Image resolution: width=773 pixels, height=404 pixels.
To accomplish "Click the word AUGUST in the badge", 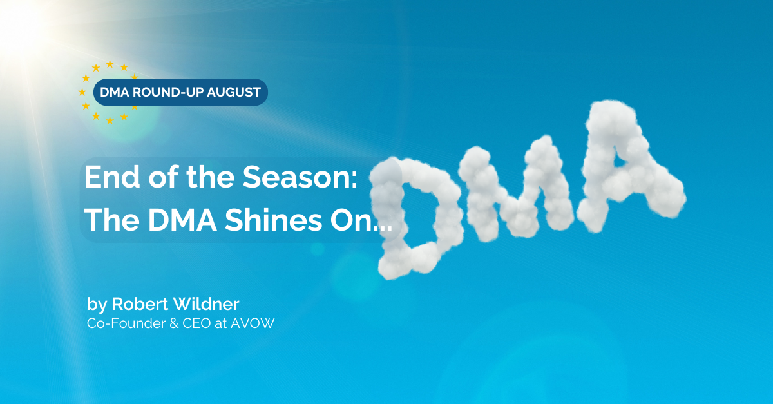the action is pyautogui.click(x=234, y=92).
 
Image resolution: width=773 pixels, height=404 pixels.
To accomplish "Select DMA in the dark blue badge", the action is pyautogui.click(x=114, y=92).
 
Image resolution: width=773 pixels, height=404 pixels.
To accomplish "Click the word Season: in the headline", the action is pyautogui.click(x=300, y=177).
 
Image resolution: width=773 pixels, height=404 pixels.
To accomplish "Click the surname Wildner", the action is pyautogui.click(x=205, y=304).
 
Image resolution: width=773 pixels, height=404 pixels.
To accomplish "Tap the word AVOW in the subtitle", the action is pyautogui.click(x=253, y=323).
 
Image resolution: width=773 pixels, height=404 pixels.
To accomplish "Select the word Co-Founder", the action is pyautogui.click(x=126, y=323).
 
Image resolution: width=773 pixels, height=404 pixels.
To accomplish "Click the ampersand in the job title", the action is pyautogui.click(x=174, y=323).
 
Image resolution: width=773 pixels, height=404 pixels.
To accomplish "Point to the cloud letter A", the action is pyautogui.click(x=630, y=166).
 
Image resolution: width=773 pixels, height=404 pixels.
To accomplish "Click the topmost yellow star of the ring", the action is pyautogui.click(x=110, y=64).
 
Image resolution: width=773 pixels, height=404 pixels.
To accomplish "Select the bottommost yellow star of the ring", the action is pyautogui.click(x=110, y=120).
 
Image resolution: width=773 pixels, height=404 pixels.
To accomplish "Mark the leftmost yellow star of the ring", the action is pyautogui.click(x=82, y=92).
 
